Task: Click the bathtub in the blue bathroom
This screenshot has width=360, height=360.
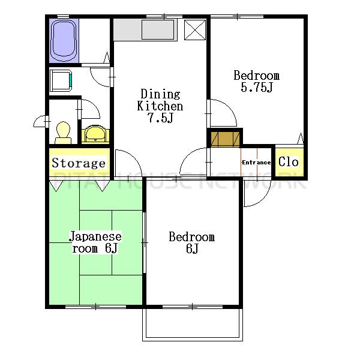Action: point(64,40)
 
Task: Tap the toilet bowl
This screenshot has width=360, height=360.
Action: point(63,133)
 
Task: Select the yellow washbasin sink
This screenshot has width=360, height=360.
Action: point(95,134)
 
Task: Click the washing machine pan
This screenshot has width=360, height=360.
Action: point(61,80)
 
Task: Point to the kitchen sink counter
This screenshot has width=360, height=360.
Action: point(145,30)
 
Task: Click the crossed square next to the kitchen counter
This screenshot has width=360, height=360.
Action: point(195,30)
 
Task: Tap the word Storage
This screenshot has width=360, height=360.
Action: point(79,163)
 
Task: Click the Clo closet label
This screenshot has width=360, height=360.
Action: point(289,161)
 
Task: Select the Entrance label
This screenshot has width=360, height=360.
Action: point(256,163)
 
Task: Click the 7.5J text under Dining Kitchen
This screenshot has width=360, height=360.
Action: point(161,118)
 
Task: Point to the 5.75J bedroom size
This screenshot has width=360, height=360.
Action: point(257,87)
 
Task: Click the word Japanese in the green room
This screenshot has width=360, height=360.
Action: point(95,236)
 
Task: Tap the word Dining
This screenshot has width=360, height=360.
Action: point(160,94)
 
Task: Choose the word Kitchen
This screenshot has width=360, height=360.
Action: point(160,106)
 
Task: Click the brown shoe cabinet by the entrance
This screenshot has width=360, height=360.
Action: point(225,139)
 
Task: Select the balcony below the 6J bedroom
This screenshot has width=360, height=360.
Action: point(193,324)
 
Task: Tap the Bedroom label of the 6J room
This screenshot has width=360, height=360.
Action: point(192,237)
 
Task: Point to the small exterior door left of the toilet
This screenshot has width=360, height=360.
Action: point(40,121)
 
